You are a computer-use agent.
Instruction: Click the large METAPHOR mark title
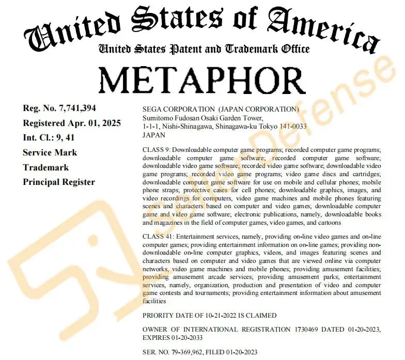click(x=202, y=79)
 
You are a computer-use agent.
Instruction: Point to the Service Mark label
click(x=50, y=152)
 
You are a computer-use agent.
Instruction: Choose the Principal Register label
click(x=58, y=182)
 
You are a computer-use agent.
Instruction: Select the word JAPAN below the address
click(x=153, y=134)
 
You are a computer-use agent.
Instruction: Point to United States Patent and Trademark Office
click(x=204, y=49)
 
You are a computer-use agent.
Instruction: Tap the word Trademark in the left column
click(x=46, y=167)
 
